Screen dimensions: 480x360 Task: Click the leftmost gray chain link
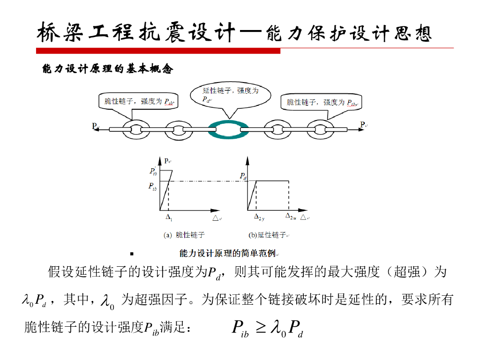[x=137, y=128]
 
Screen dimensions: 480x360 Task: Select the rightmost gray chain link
[x=322, y=128]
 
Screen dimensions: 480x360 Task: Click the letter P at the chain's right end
[x=362, y=124]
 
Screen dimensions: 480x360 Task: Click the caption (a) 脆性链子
[x=184, y=235]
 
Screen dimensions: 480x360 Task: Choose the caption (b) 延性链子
[x=267, y=235]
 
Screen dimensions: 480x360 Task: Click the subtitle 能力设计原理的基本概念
[x=108, y=69]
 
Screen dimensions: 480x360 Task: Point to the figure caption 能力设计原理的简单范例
[x=227, y=254]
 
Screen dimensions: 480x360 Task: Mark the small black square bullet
[x=132, y=254]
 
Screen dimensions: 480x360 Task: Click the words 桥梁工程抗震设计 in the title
[x=136, y=33]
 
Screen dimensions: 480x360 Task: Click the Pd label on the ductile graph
[x=243, y=177]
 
